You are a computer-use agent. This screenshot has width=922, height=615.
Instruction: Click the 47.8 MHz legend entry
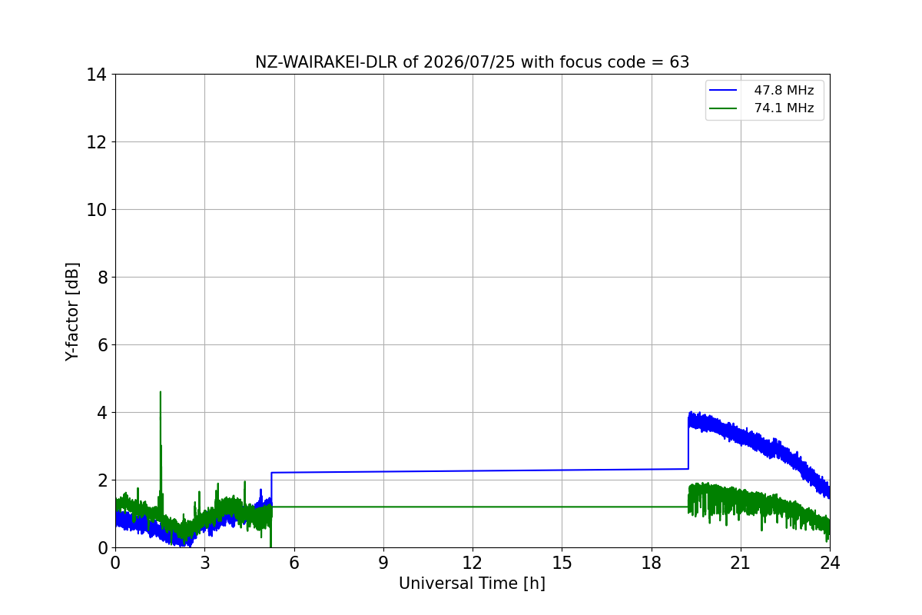coord(761,90)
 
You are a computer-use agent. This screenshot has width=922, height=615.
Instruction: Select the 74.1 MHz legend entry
coord(761,108)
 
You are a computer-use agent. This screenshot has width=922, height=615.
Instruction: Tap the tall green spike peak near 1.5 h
coord(161,393)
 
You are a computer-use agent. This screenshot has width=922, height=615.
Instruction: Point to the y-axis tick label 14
coord(96,75)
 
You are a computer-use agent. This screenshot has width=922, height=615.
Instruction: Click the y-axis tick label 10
coord(96,210)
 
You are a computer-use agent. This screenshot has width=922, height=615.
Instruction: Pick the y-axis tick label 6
coord(102,345)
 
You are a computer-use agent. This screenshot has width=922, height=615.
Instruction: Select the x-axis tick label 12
coord(473,563)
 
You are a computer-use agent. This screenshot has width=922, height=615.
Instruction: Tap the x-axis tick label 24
coord(830,563)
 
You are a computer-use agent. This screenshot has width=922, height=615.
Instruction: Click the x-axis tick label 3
coord(205,563)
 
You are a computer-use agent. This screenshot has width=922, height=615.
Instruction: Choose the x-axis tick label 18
coord(652,563)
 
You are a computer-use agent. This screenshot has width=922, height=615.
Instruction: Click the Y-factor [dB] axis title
coord(72,312)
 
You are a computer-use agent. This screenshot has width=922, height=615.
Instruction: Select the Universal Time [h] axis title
coord(472,583)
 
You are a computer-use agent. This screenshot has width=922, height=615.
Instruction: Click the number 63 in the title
coord(679,62)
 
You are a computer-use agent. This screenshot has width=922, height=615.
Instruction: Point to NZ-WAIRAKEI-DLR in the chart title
coord(327,62)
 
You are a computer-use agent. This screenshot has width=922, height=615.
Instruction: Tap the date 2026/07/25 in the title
coord(469,62)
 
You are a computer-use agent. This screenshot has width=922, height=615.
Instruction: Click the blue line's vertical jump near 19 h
coord(688,447)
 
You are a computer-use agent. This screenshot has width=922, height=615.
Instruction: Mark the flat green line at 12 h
coord(473,507)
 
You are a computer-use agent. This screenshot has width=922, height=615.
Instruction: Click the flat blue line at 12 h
coord(473,470)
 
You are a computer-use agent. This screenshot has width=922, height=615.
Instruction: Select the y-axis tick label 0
coord(102,548)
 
